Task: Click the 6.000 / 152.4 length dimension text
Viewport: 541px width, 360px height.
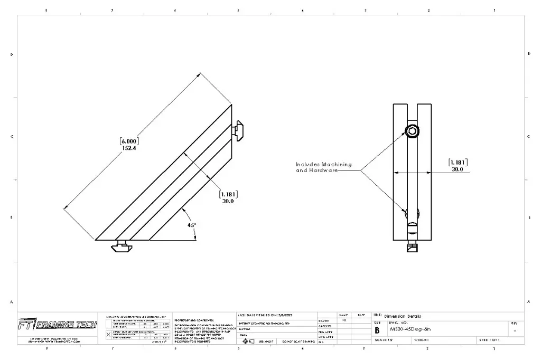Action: (130, 145)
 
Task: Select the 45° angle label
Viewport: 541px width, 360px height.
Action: (192, 225)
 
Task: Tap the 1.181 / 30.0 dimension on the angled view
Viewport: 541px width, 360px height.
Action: (228, 197)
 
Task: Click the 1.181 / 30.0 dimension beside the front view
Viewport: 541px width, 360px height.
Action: (458, 166)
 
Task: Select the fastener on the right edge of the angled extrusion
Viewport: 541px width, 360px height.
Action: (239, 128)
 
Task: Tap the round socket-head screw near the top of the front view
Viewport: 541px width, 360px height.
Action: (412, 131)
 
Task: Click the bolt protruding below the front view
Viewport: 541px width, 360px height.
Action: (413, 246)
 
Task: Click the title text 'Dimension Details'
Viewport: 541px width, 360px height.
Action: (403, 316)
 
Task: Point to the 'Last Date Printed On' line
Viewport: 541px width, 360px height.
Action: (265, 315)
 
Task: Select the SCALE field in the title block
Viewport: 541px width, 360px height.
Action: (384, 340)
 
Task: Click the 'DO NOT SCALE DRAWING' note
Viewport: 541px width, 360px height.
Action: (299, 342)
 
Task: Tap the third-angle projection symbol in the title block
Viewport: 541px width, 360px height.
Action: (248, 341)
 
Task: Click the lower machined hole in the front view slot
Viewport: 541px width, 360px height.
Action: (412, 214)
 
